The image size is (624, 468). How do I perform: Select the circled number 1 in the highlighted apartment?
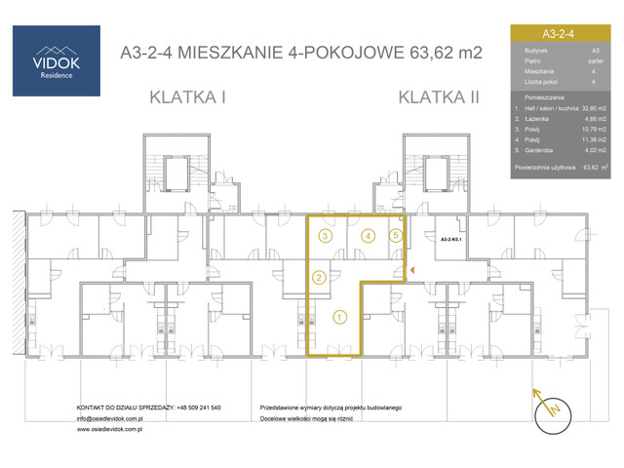coord(338,315)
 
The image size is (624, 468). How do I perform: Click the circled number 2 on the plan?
coord(319,277)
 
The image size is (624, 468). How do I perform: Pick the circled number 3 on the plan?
coord(326,235)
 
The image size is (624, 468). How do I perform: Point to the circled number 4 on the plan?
coord(368,235)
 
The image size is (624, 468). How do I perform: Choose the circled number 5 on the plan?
coord(395,235)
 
